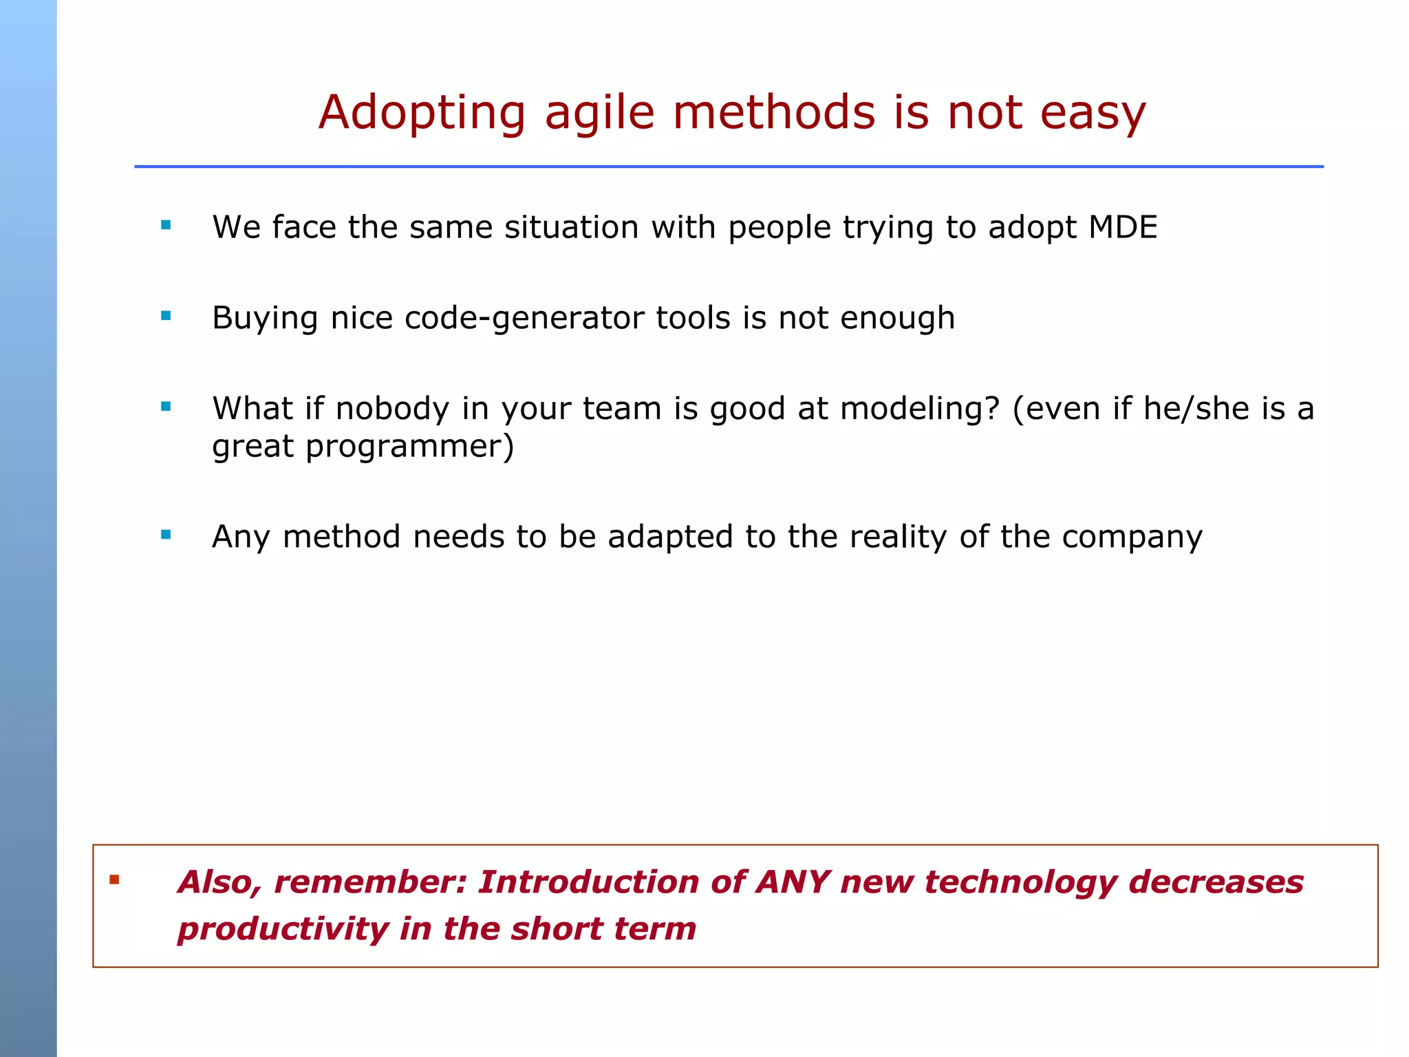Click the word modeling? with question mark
(919, 409)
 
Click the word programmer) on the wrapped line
(409, 447)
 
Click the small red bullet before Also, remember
(114, 879)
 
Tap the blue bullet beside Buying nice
(166, 316)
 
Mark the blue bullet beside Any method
(166, 534)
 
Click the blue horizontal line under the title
(728, 167)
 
